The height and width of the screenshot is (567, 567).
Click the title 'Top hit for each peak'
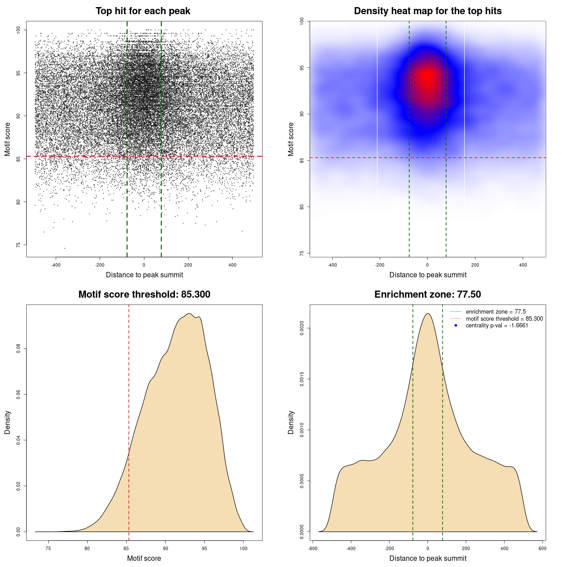(x=143, y=11)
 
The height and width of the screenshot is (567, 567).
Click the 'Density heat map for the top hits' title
(x=427, y=11)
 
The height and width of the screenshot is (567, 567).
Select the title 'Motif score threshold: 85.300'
(x=144, y=295)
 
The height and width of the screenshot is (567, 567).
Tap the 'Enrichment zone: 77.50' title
(x=427, y=295)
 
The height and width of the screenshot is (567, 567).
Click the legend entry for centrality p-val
(x=497, y=326)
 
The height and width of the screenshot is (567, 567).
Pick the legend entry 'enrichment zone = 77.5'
(x=496, y=312)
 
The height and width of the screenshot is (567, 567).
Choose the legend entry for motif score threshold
(x=504, y=318)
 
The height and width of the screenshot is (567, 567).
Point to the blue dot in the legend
(x=456, y=326)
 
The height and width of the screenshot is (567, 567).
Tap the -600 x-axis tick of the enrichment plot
(x=313, y=548)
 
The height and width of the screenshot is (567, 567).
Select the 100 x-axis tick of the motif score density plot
(x=243, y=548)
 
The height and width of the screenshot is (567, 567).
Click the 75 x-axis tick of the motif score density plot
(x=48, y=548)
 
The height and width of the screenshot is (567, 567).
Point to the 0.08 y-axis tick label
(x=19, y=349)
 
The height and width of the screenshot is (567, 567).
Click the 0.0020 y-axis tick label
(x=302, y=328)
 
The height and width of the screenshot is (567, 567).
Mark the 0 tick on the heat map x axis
(x=427, y=265)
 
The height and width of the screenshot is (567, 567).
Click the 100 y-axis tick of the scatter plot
(x=19, y=30)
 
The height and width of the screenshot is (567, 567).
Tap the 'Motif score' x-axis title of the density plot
(x=144, y=558)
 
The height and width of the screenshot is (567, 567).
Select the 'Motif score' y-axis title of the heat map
(x=291, y=139)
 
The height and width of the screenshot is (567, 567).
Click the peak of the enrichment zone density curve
(x=427, y=314)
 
